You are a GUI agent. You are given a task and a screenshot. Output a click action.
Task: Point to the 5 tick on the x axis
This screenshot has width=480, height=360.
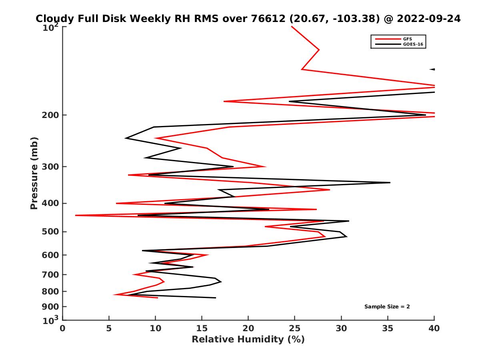109,328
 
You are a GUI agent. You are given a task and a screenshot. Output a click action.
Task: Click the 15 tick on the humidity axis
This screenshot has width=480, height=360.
202,328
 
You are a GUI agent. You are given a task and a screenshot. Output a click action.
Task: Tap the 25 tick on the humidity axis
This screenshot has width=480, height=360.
295,328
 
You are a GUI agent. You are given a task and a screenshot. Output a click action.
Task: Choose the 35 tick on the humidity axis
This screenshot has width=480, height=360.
388,328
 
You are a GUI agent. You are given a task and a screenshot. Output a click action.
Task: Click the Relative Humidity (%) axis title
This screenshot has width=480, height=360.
248,340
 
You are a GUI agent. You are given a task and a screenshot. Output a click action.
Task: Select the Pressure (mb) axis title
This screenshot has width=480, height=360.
34,173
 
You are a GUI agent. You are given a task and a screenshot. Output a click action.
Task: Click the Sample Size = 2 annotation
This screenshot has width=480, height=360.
387,307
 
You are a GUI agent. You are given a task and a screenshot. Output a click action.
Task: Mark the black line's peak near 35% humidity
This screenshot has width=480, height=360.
390,182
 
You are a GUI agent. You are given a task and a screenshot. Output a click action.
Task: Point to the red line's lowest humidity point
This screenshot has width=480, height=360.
76,215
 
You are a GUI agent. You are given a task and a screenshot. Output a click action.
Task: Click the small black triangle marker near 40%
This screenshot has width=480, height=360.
432,69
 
